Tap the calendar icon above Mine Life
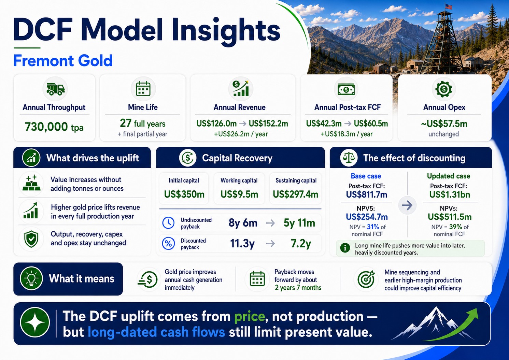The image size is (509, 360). (143, 89)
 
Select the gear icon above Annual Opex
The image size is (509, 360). (444, 89)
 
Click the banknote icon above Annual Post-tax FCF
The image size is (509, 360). (346, 90)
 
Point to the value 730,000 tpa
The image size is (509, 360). (54, 127)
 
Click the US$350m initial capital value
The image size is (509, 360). (184, 195)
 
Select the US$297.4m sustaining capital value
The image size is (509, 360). (295, 195)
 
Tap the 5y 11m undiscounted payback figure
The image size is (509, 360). (299, 223)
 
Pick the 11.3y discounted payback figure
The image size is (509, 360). (242, 244)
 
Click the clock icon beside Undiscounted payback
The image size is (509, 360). (168, 223)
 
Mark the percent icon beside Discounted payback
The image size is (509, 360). (168, 244)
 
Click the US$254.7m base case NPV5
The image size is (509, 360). (367, 217)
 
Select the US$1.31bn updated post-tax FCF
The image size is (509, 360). (450, 195)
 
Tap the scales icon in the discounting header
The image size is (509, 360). (349, 158)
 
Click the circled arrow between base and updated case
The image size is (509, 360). (407, 205)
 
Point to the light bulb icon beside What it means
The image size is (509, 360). (31, 279)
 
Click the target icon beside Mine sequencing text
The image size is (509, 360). (366, 279)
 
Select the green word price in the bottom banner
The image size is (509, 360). (250, 316)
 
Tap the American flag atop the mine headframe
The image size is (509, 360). (449, 6)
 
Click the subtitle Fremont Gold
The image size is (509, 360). (63, 61)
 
